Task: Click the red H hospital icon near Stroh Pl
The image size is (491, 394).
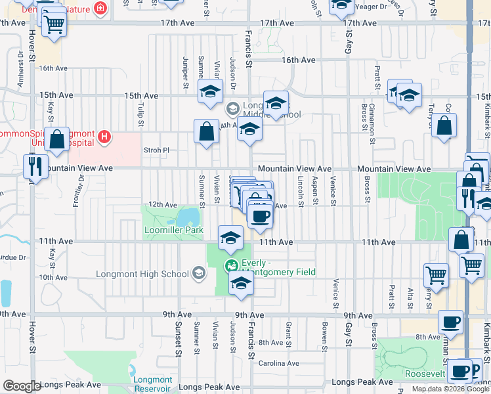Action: [103, 137]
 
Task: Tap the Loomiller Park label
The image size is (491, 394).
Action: [174, 230]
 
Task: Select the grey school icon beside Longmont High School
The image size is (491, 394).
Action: [199, 274]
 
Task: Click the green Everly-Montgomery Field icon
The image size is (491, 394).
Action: [230, 266]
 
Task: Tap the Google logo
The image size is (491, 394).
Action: [22, 386]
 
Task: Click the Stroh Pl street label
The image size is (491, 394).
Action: [156, 150]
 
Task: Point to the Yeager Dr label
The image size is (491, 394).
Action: [372, 7]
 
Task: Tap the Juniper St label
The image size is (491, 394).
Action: [186, 72]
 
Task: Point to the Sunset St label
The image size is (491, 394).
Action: [177, 339]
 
